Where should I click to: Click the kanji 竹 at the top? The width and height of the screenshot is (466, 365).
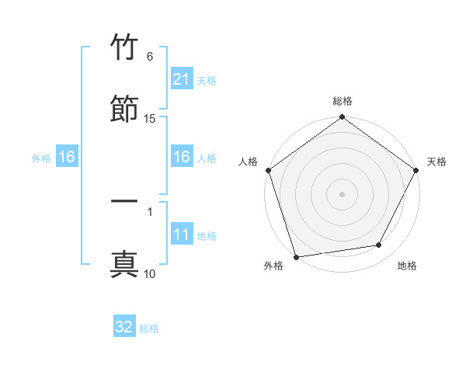tap(124, 47)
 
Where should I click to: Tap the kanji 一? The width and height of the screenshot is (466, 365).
tap(124, 201)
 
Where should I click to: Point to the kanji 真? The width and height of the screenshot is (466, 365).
tap(124, 263)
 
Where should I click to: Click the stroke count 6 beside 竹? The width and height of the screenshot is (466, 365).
tap(150, 57)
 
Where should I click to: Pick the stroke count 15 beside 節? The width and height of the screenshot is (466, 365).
tap(150, 118)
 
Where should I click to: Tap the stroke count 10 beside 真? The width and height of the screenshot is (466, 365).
tap(150, 273)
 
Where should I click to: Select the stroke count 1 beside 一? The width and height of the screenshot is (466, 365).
tap(150, 211)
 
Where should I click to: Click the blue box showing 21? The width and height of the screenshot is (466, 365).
tap(181, 79)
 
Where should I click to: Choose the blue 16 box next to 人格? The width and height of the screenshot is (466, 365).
tap(181, 157)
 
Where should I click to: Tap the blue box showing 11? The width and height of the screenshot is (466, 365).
tap(181, 235)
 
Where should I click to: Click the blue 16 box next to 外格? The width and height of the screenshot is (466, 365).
tap(66, 157)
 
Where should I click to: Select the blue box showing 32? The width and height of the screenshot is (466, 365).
tap(124, 327)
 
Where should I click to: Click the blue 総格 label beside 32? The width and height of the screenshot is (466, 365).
tap(149, 328)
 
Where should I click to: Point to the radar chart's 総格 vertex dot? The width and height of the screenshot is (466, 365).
tap(342, 118)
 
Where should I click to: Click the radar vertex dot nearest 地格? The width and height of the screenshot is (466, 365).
tap(379, 245)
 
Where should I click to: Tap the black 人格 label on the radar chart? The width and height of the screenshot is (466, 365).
tap(249, 162)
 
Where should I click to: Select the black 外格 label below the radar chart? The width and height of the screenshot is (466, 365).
tap(273, 266)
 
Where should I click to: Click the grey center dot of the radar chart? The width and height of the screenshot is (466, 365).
tap(342, 193)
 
